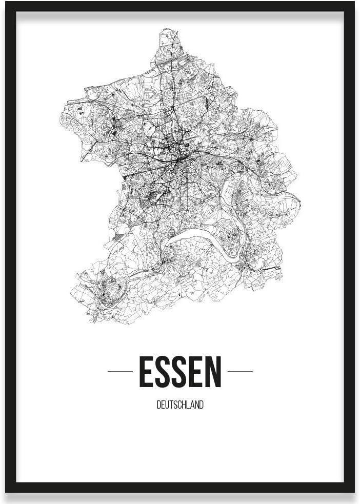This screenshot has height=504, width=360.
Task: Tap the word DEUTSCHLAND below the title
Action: click(x=180, y=405)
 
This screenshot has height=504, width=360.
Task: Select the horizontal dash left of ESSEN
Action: click(x=120, y=372)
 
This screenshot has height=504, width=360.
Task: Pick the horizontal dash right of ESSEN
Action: click(x=240, y=372)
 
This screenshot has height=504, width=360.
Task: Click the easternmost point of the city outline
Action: click(x=300, y=201)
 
